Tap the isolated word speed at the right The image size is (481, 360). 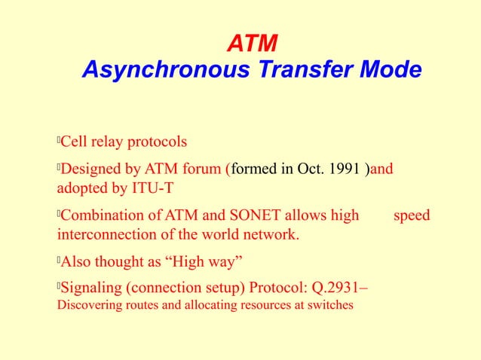point(412,216)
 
